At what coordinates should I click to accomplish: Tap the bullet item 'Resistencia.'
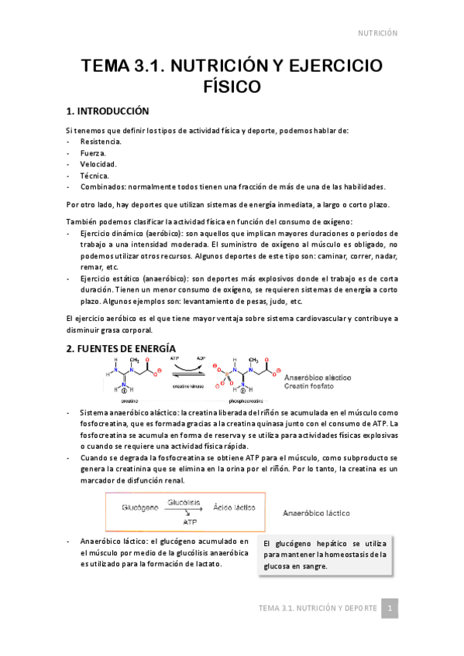(100, 142)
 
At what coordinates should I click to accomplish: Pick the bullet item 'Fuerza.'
(93, 153)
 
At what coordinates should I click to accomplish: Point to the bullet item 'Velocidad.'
(98, 164)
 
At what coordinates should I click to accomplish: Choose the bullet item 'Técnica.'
(95, 176)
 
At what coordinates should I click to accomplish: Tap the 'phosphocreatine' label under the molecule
(248, 401)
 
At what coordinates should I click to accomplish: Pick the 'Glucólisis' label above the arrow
(185, 502)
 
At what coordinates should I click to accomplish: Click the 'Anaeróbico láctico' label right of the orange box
(316, 512)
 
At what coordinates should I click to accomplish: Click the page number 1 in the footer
(392, 608)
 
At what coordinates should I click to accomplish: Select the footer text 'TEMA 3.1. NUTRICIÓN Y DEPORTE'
(318, 608)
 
